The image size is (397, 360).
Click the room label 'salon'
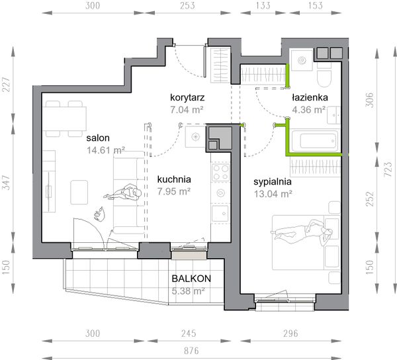click(98, 138)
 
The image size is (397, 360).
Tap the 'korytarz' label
click(187, 97)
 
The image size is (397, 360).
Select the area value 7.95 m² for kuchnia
click(173, 191)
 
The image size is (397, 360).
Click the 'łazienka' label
click(310, 97)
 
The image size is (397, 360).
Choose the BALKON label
click(191, 279)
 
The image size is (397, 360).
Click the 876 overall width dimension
click(191, 351)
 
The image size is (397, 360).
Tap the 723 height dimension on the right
click(388, 169)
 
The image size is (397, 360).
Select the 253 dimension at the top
click(187, 5)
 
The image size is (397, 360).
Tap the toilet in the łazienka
click(324, 75)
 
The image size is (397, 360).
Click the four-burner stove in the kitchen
click(221, 172)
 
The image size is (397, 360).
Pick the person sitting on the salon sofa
click(123, 192)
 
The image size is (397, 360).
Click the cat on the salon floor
click(100, 214)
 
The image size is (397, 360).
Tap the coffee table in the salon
click(79, 192)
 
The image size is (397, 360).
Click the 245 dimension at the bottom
click(189, 334)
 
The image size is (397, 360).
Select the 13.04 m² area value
click(273, 194)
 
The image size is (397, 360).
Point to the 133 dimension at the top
click(263, 5)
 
